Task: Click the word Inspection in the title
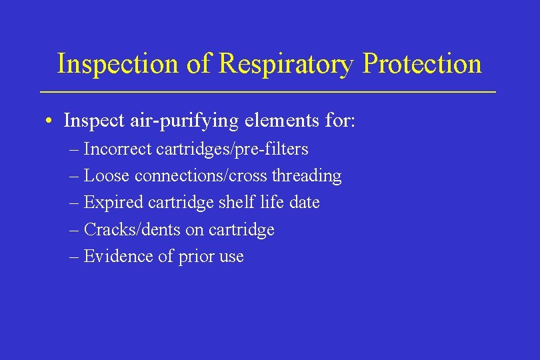[x=117, y=64]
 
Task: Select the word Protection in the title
[x=422, y=64]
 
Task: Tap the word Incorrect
[x=118, y=149]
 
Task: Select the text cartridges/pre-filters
[x=233, y=149]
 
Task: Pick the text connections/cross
[x=201, y=176]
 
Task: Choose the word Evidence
[x=114, y=257]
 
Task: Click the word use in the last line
[x=230, y=257]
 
